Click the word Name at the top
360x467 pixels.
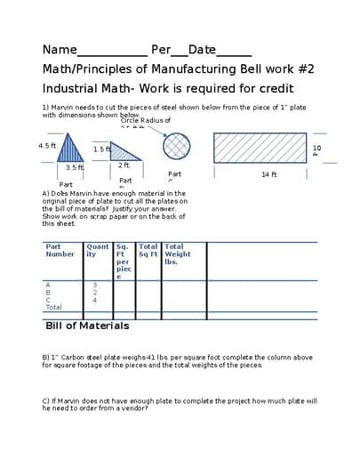60,50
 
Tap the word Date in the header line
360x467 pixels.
202,50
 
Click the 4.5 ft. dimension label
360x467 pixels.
47,145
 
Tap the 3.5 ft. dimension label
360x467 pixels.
74,167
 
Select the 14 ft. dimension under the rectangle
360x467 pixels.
269,174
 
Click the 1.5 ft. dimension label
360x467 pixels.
101,149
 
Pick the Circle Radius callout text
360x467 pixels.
145,120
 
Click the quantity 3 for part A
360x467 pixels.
94,285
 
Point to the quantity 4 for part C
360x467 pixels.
94,300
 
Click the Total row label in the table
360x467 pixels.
54,307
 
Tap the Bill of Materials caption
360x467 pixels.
87,326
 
